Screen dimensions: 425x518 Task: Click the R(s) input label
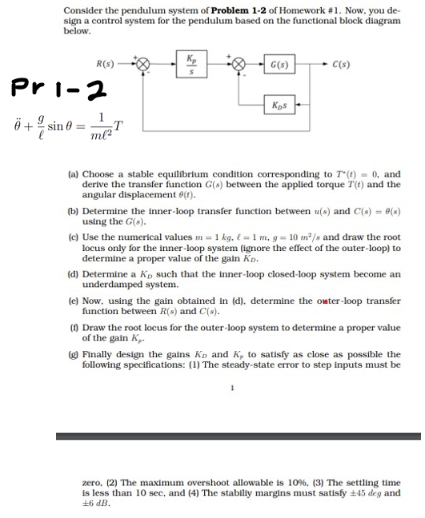[105, 62]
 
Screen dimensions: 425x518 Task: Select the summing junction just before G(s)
[238, 62]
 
